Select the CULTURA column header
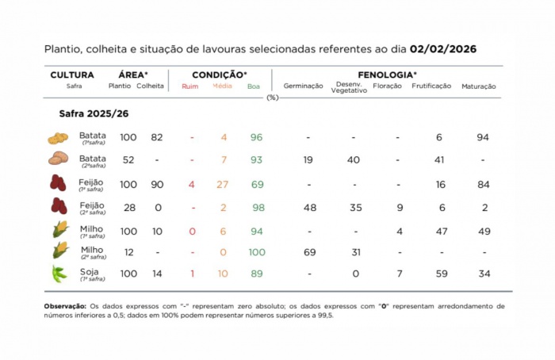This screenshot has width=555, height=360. (x=72, y=75)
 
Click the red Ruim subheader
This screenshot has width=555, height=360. (x=190, y=86)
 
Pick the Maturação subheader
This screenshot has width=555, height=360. (x=479, y=86)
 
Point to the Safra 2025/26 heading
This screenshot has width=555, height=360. (x=94, y=114)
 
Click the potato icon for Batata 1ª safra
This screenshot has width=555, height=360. (x=58, y=138)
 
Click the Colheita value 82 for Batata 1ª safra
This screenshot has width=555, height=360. (x=157, y=137)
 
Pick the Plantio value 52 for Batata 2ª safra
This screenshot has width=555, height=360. (x=128, y=160)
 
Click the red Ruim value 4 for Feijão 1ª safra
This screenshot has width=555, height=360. (x=191, y=185)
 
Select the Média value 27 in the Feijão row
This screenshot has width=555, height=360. (x=224, y=185)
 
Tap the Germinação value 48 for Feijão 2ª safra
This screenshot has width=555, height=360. (x=310, y=208)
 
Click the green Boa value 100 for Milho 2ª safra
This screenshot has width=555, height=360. (x=255, y=251)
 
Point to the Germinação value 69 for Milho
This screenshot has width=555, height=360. (x=310, y=251)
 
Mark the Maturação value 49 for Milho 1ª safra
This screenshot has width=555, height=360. (x=484, y=231)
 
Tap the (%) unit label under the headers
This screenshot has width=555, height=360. (x=273, y=98)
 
